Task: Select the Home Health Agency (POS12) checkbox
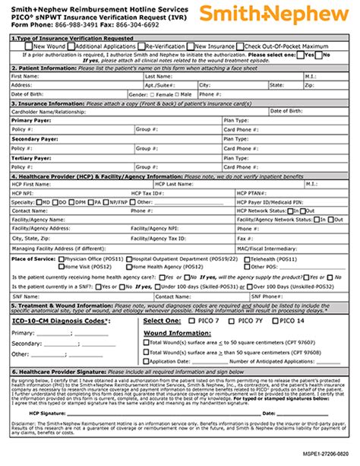click(133, 266)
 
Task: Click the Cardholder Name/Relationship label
click(42, 110)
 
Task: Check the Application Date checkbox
click(146, 361)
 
